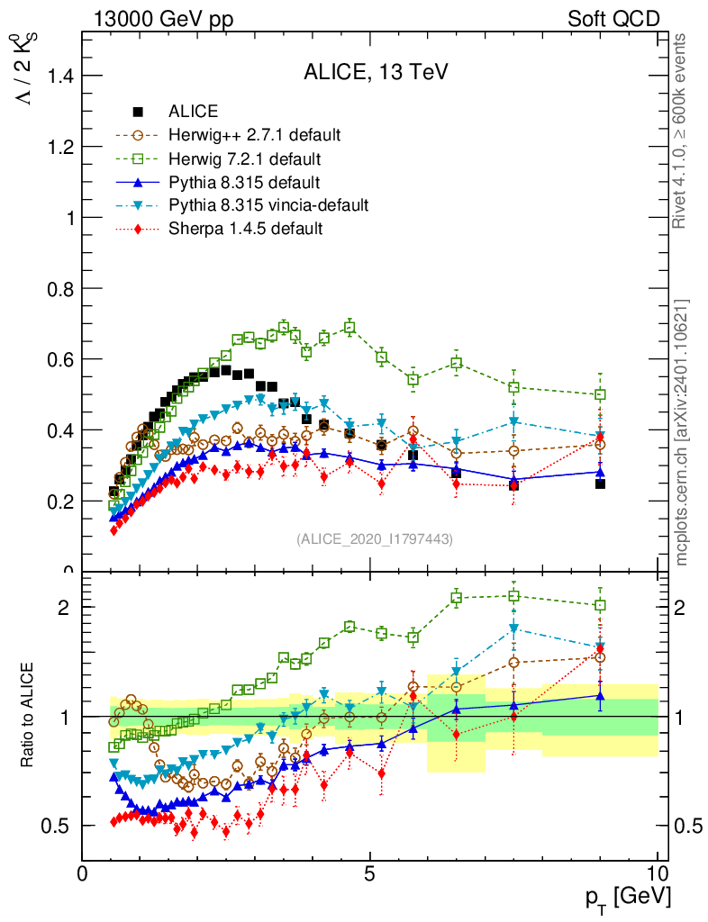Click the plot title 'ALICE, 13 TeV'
[376, 74]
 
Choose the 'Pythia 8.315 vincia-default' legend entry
[268, 205]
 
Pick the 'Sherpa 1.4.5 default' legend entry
[245, 229]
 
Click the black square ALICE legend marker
[139, 113]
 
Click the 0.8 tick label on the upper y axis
[57, 288]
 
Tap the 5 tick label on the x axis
[369, 874]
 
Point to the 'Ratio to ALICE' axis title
[28, 716]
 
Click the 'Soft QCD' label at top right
[613, 19]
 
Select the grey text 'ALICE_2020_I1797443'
[375, 539]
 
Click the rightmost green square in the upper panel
[600, 394]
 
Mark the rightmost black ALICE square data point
[600, 484]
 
